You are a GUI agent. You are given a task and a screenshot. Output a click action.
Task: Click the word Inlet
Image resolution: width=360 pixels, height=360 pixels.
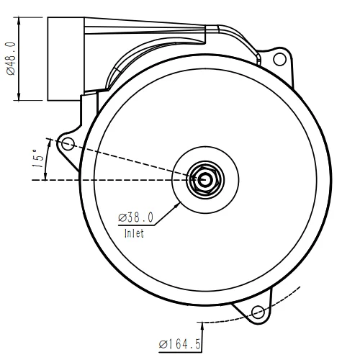[134, 234]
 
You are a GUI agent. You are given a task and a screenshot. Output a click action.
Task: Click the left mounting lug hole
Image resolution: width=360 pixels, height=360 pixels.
[67, 145]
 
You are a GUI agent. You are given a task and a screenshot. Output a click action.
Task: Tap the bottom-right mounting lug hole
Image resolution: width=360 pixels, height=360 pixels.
[257, 312]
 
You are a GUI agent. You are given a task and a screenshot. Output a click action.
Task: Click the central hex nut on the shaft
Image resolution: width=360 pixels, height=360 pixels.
[204, 179]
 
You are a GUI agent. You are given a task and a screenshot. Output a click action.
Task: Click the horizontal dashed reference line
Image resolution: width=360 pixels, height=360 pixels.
[108, 180]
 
